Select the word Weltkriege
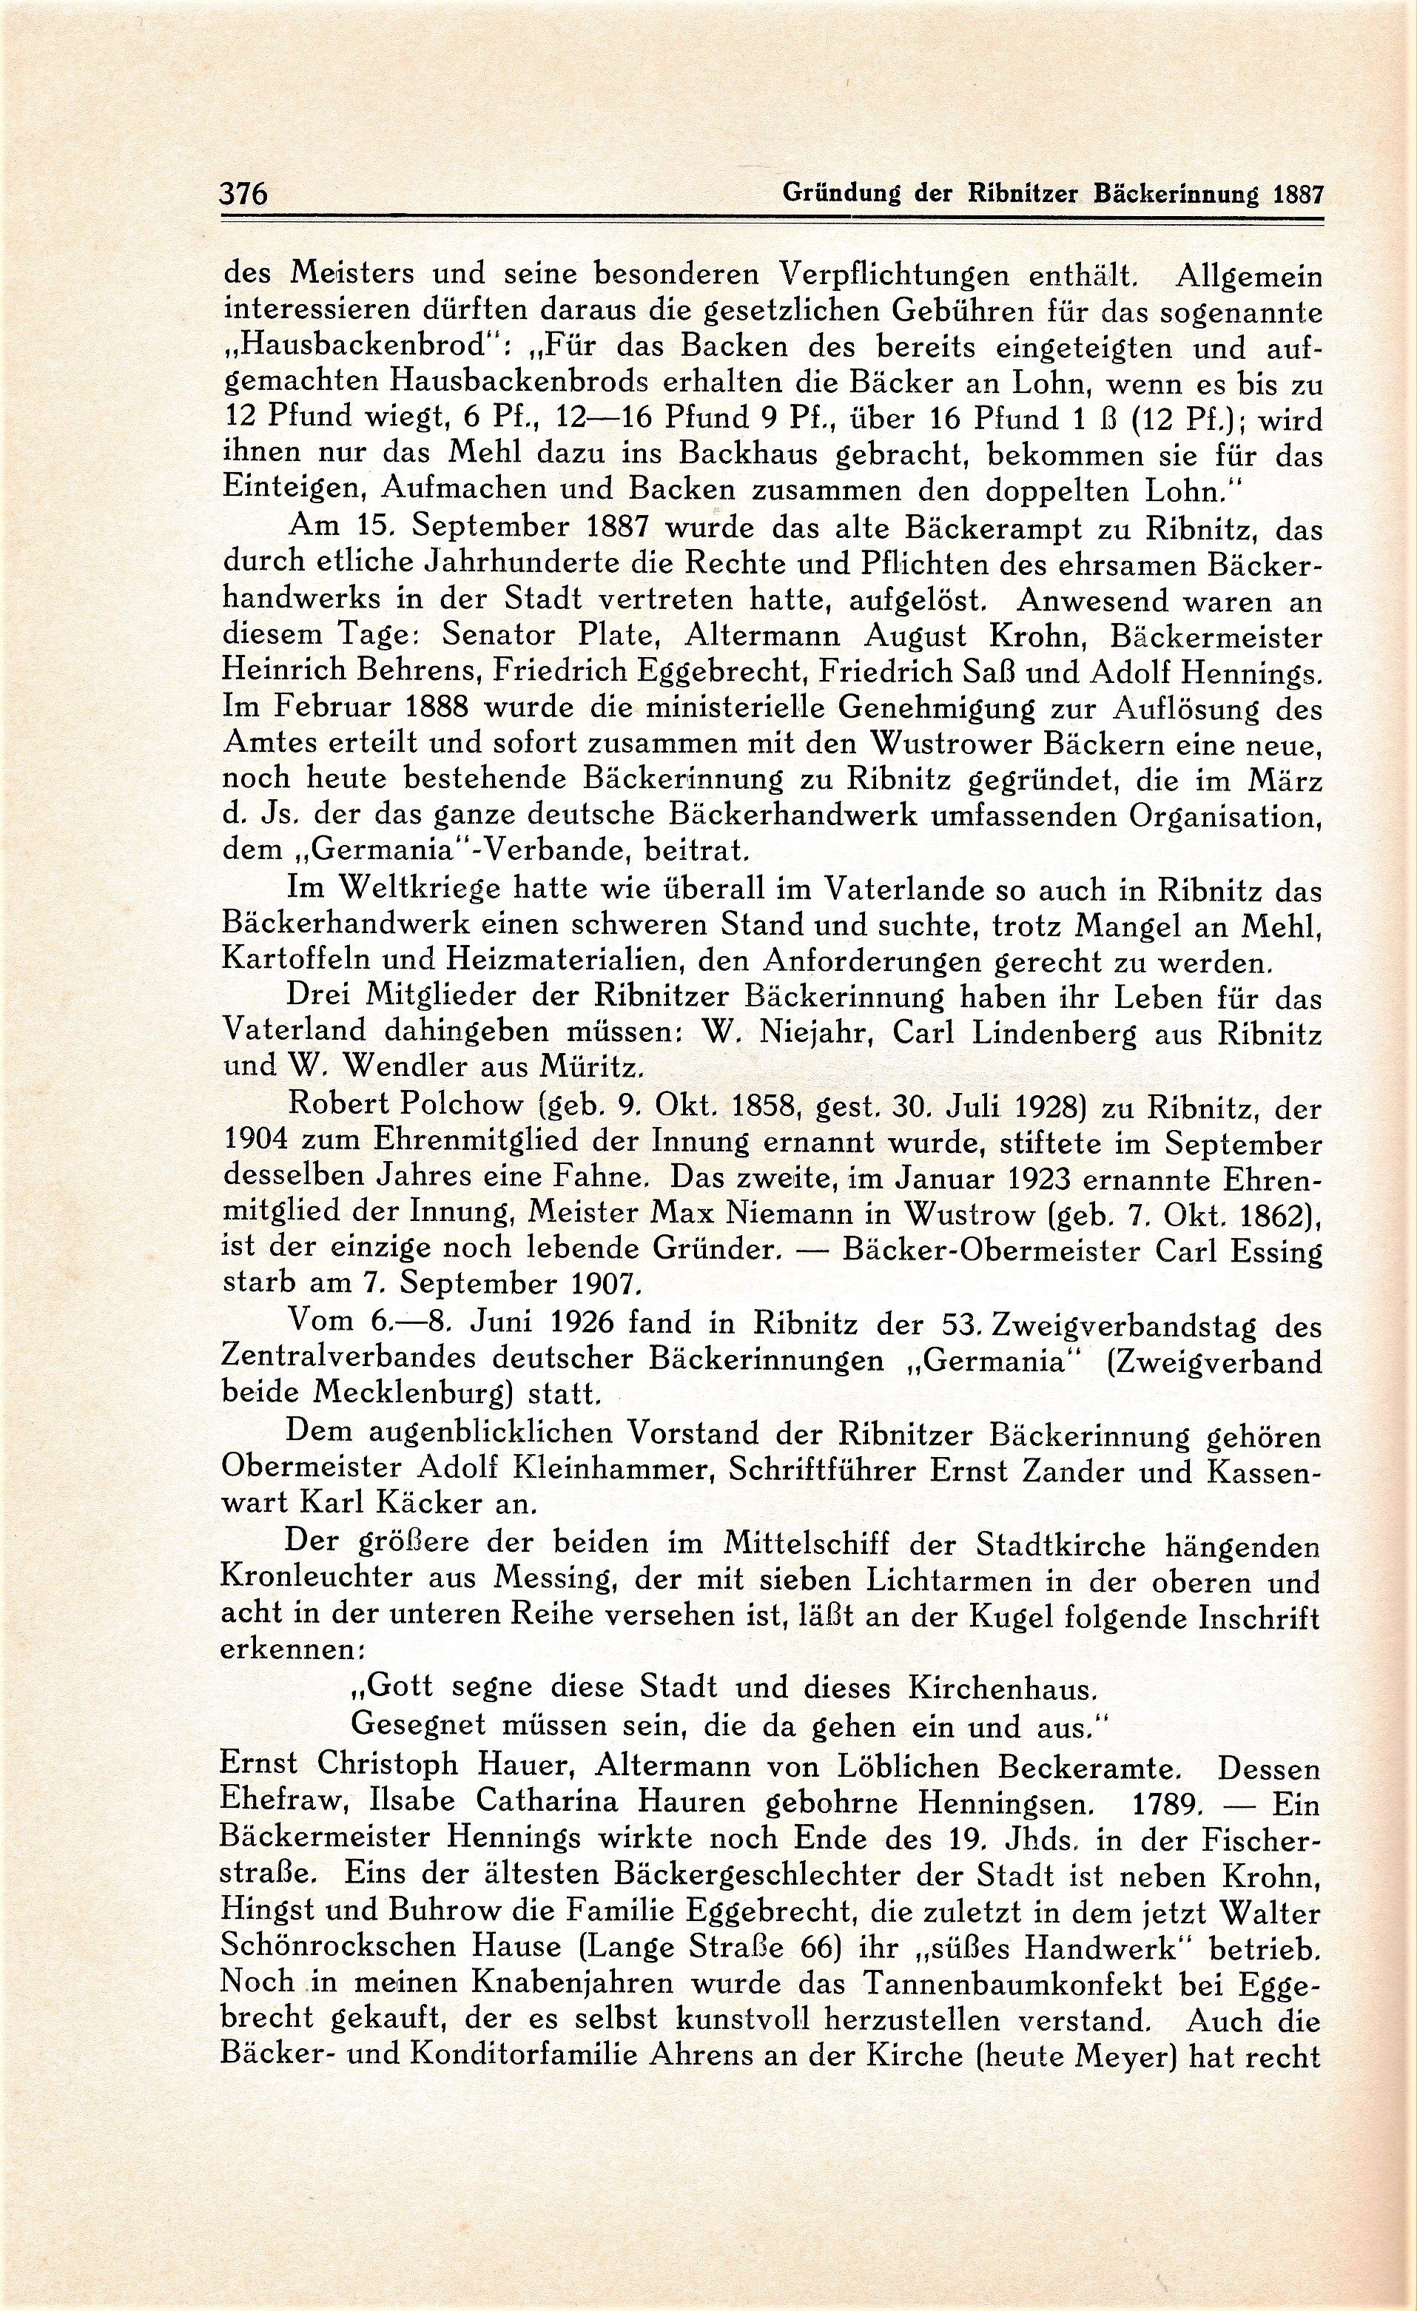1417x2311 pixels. pos(406,887)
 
